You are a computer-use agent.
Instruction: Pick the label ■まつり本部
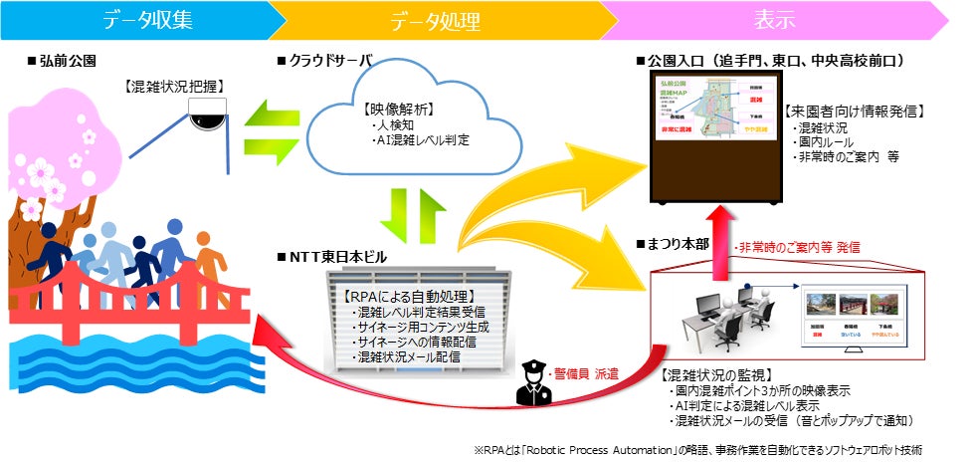[678, 241]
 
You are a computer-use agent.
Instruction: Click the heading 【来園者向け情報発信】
[857, 112]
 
